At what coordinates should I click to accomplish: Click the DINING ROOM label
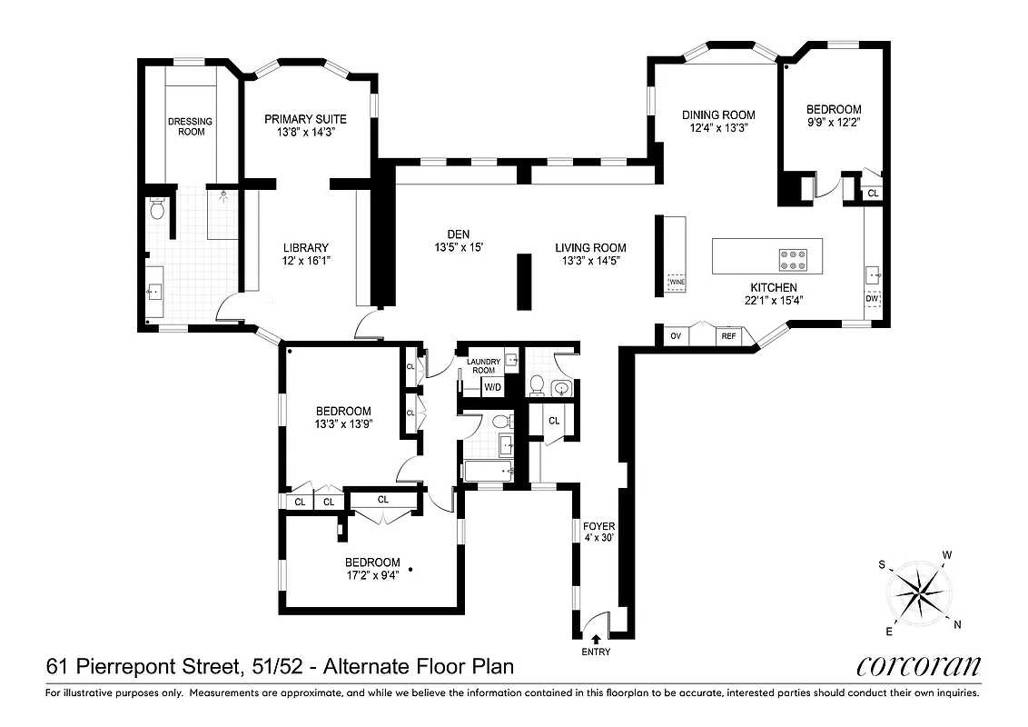718,115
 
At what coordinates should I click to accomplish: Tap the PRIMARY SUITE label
305,119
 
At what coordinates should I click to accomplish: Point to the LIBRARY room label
305,247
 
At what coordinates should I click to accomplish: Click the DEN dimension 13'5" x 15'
458,247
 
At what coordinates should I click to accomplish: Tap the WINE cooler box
677,283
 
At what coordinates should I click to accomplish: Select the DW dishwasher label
872,298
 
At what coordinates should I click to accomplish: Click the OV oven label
676,336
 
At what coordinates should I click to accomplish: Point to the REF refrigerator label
727,336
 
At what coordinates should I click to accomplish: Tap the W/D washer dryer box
492,387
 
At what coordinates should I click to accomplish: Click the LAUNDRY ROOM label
482,365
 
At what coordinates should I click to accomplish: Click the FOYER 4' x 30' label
598,532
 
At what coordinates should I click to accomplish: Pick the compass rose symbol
921,593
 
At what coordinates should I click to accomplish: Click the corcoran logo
918,667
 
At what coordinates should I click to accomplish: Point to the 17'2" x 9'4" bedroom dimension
372,574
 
